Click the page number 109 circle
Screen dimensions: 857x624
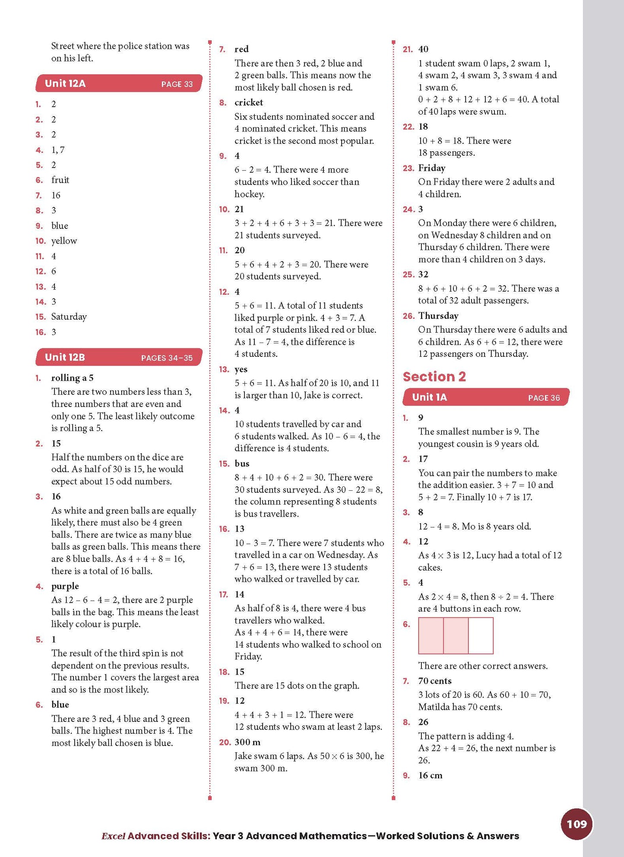click(x=576, y=824)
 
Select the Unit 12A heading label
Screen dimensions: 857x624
click(x=65, y=83)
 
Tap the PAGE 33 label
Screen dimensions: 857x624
click(x=177, y=84)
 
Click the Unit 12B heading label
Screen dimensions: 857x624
click(x=65, y=357)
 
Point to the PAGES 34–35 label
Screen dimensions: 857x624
click(x=167, y=358)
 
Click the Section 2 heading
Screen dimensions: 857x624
click(x=434, y=377)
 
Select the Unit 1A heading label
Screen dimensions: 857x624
click(x=429, y=397)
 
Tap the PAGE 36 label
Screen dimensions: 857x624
click(x=544, y=398)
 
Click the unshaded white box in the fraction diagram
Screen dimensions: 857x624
click(x=481, y=635)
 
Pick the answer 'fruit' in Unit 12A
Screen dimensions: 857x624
click(x=60, y=180)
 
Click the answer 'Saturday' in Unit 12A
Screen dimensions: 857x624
click(x=69, y=317)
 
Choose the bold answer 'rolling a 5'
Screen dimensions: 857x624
click(x=72, y=378)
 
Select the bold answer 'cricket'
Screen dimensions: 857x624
click(x=248, y=102)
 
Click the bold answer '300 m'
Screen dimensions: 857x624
click(x=247, y=742)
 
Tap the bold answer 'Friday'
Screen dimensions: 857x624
click(x=431, y=168)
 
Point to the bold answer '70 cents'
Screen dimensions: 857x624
click(x=434, y=681)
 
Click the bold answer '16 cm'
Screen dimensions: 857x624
click(x=430, y=775)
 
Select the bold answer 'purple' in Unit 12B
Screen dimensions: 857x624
click(x=65, y=586)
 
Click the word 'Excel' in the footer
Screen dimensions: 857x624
click(x=113, y=836)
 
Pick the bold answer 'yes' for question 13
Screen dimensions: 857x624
click(x=241, y=369)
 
